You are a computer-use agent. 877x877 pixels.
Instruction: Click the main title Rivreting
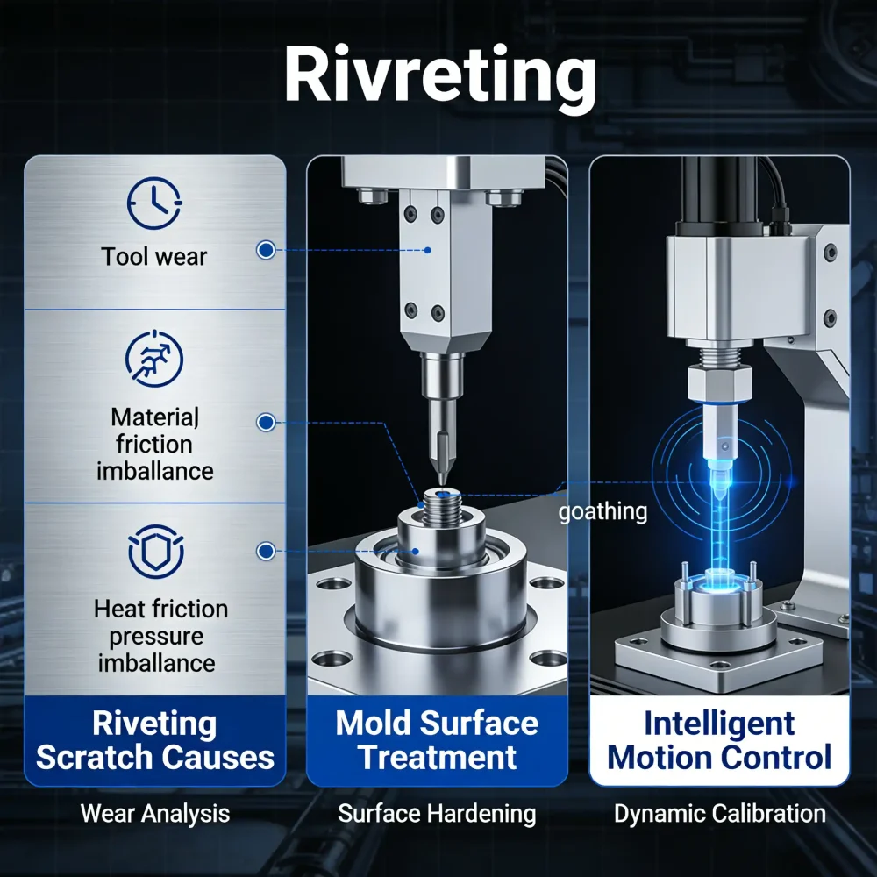[x=439, y=77]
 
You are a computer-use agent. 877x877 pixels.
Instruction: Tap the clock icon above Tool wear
[x=154, y=204]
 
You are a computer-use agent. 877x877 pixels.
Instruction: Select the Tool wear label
[x=154, y=257]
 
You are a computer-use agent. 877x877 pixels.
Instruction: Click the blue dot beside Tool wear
[x=264, y=251]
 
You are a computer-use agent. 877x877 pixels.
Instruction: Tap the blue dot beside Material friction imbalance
[x=264, y=423]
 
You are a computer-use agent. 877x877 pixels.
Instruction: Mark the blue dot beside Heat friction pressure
[x=264, y=551]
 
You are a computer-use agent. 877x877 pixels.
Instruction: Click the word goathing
[x=602, y=511]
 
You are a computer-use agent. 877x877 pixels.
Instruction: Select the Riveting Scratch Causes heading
[x=155, y=741]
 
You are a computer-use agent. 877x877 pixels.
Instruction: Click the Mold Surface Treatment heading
[x=437, y=741]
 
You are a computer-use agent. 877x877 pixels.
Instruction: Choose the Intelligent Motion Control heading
[x=719, y=741]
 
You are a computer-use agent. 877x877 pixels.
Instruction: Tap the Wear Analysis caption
[x=155, y=814]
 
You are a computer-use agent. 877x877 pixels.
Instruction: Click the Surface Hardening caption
[x=437, y=814]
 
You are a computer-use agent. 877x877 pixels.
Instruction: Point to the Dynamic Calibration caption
[x=719, y=814]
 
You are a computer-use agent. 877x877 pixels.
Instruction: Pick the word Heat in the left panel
[x=119, y=609]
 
